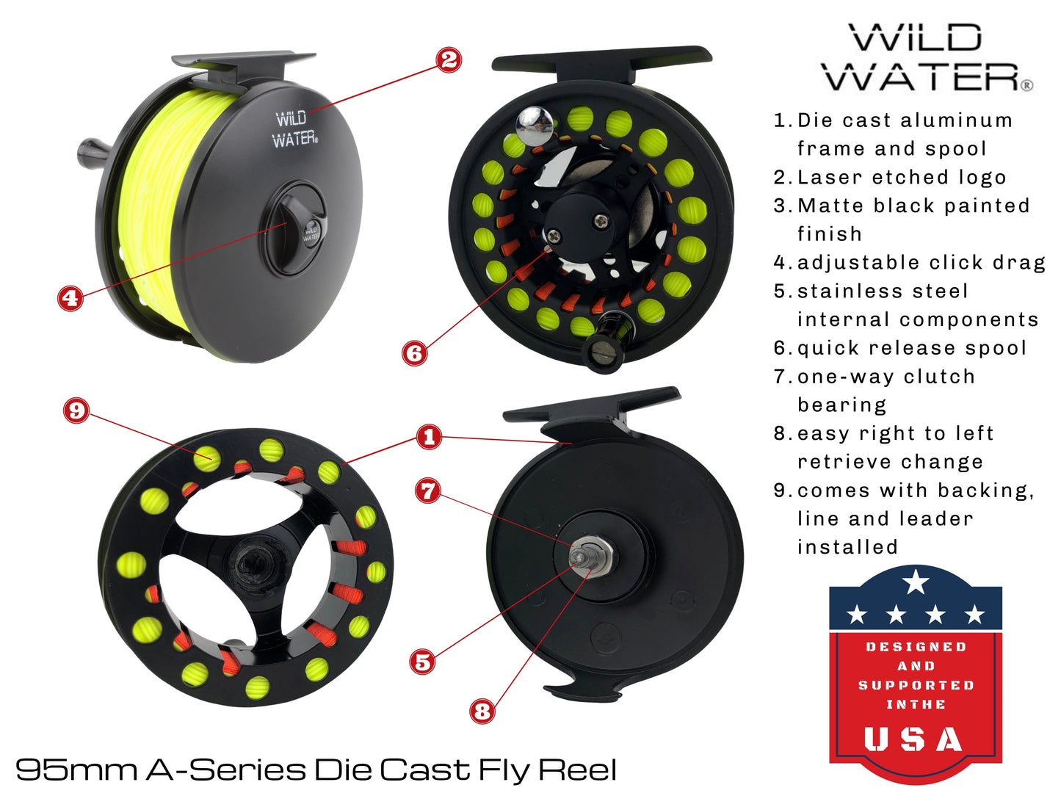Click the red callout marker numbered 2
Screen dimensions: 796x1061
[x=449, y=59]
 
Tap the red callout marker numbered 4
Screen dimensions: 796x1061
[x=70, y=297]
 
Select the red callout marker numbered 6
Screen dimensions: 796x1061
[x=415, y=353]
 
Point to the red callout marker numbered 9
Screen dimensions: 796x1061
[x=76, y=410]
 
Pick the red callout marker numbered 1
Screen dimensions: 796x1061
[x=430, y=438]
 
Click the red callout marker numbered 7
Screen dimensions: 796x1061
[x=429, y=491]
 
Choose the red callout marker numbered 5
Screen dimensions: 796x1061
[x=423, y=662]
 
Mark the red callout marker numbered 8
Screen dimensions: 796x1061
[x=482, y=711]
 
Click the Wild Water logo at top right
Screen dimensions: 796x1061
[x=927, y=58]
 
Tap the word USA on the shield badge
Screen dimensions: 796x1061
[x=914, y=739]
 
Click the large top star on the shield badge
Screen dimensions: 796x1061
[x=916, y=582]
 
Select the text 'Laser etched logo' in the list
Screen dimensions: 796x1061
[x=901, y=177]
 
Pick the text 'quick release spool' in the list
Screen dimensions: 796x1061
[x=911, y=348]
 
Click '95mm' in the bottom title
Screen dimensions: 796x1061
[x=76, y=770]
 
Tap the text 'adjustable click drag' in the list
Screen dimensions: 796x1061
[x=921, y=262]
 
